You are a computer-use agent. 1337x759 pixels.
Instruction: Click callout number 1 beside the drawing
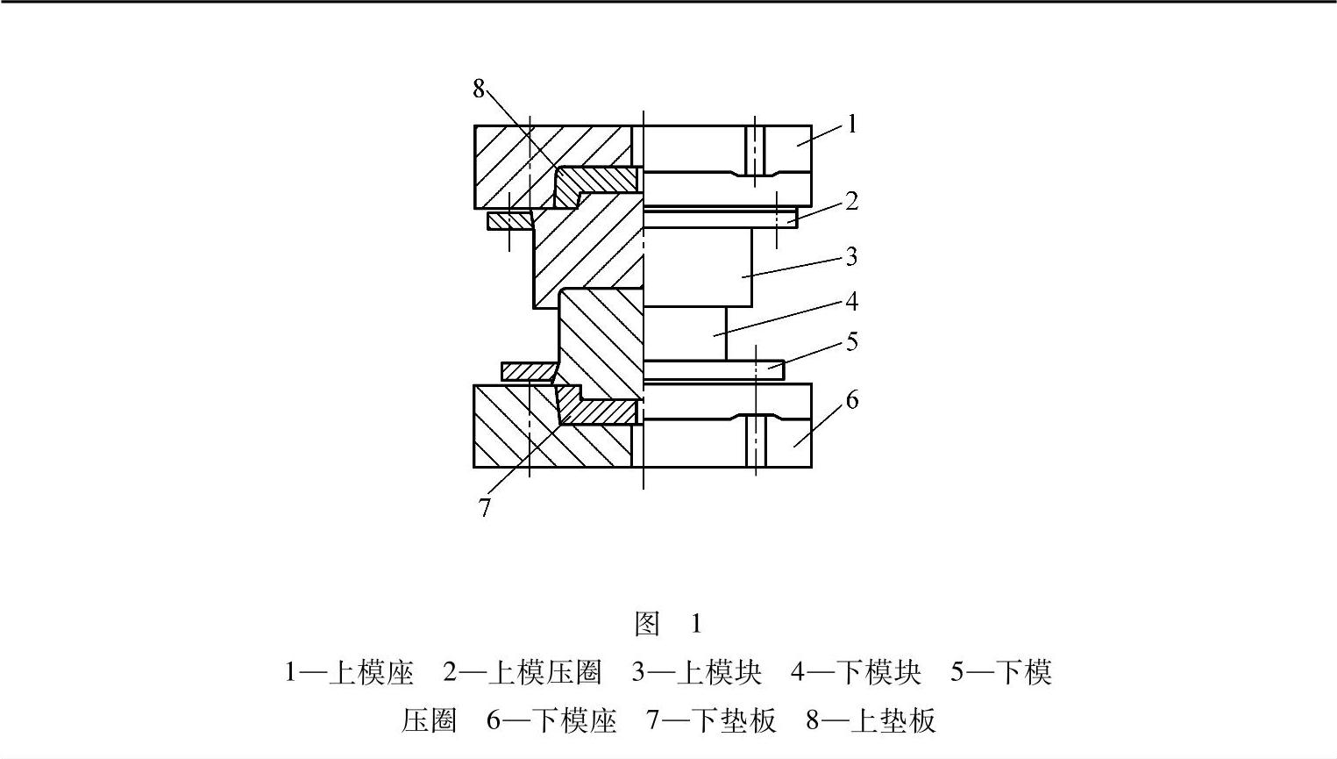pos(850,124)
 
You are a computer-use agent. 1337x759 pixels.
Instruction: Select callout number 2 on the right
pos(850,201)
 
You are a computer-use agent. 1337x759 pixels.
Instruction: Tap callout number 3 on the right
pos(850,256)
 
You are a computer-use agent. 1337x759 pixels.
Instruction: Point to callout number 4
pos(850,302)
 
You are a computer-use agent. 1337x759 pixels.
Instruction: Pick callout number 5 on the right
pos(851,341)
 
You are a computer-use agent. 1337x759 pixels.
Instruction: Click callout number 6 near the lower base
pos(851,401)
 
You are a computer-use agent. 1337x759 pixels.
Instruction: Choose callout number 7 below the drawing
pos(485,507)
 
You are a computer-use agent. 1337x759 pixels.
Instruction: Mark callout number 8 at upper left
pos(479,89)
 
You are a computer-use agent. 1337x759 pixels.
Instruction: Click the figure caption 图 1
pos(668,624)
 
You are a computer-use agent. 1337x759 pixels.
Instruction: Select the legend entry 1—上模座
pos(349,673)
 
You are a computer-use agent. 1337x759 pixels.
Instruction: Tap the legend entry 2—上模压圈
pos(523,673)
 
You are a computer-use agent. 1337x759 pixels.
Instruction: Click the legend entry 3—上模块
pos(697,673)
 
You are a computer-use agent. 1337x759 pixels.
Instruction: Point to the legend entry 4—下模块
pos(856,673)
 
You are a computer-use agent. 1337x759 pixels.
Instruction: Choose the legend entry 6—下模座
pos(551,721)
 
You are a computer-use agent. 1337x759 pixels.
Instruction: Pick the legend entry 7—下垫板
pos(711,721)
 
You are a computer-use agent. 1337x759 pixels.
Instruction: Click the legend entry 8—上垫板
pos(871,721)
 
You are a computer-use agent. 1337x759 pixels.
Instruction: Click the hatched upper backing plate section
pos(596,181)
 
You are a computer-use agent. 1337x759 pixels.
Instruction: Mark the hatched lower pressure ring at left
pos(524,372)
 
